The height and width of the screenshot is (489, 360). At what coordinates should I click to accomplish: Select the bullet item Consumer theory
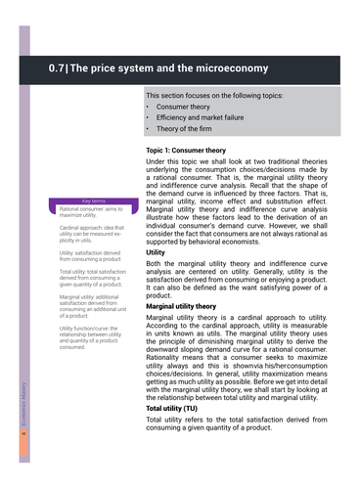coord(186,106)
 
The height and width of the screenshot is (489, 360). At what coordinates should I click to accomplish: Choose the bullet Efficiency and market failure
coord(204,116)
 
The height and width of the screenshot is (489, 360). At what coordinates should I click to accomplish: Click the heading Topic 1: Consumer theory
coord(193,150)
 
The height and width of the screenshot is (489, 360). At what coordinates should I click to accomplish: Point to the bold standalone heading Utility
coord(156,251)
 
